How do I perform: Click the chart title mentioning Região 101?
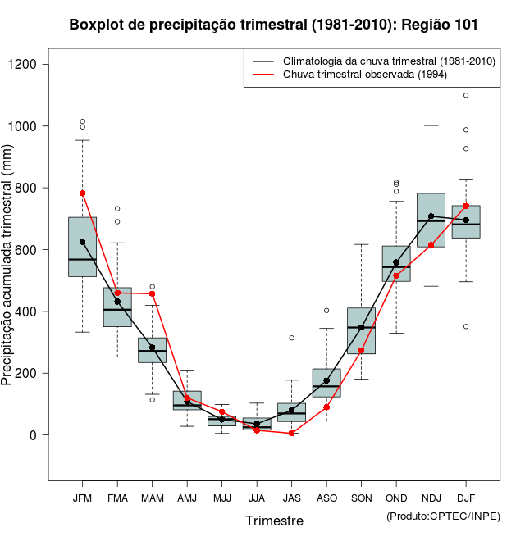(x=273, y=25)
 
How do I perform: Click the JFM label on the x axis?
(x=82, y=498)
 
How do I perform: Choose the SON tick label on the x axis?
(x=361, y=498)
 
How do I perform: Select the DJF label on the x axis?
(x=466, y=498)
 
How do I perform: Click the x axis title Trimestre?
(x=274, y=521)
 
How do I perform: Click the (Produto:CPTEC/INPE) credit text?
(x=443, y=516)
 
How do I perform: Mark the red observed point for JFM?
(x=82, y=193)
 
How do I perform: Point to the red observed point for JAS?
(x=291, y=433)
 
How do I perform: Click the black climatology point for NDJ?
(x=431, y=216)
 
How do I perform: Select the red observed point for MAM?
(x=152, y=293)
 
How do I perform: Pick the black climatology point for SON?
(x=361, y=327)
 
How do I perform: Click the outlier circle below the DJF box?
(x=466, y=326)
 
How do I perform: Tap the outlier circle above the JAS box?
(x=291, y=338)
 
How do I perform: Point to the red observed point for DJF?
(x=466, y=206)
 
